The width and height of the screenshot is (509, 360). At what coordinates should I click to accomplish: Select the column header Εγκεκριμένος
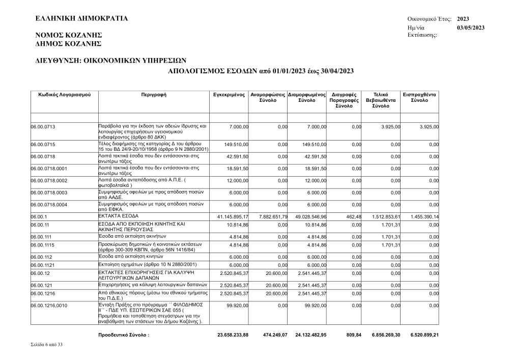(230, 95)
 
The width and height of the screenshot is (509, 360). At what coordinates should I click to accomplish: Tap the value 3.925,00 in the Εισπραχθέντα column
(428, 126)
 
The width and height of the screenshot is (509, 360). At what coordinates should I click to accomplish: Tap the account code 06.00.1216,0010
(49, 306)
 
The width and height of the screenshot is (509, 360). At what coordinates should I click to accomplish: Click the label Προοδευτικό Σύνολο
(124, 335)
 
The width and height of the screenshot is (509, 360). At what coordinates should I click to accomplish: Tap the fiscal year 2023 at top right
(463, 18)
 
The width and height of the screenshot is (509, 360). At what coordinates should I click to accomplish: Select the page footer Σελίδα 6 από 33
(48, 345)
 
